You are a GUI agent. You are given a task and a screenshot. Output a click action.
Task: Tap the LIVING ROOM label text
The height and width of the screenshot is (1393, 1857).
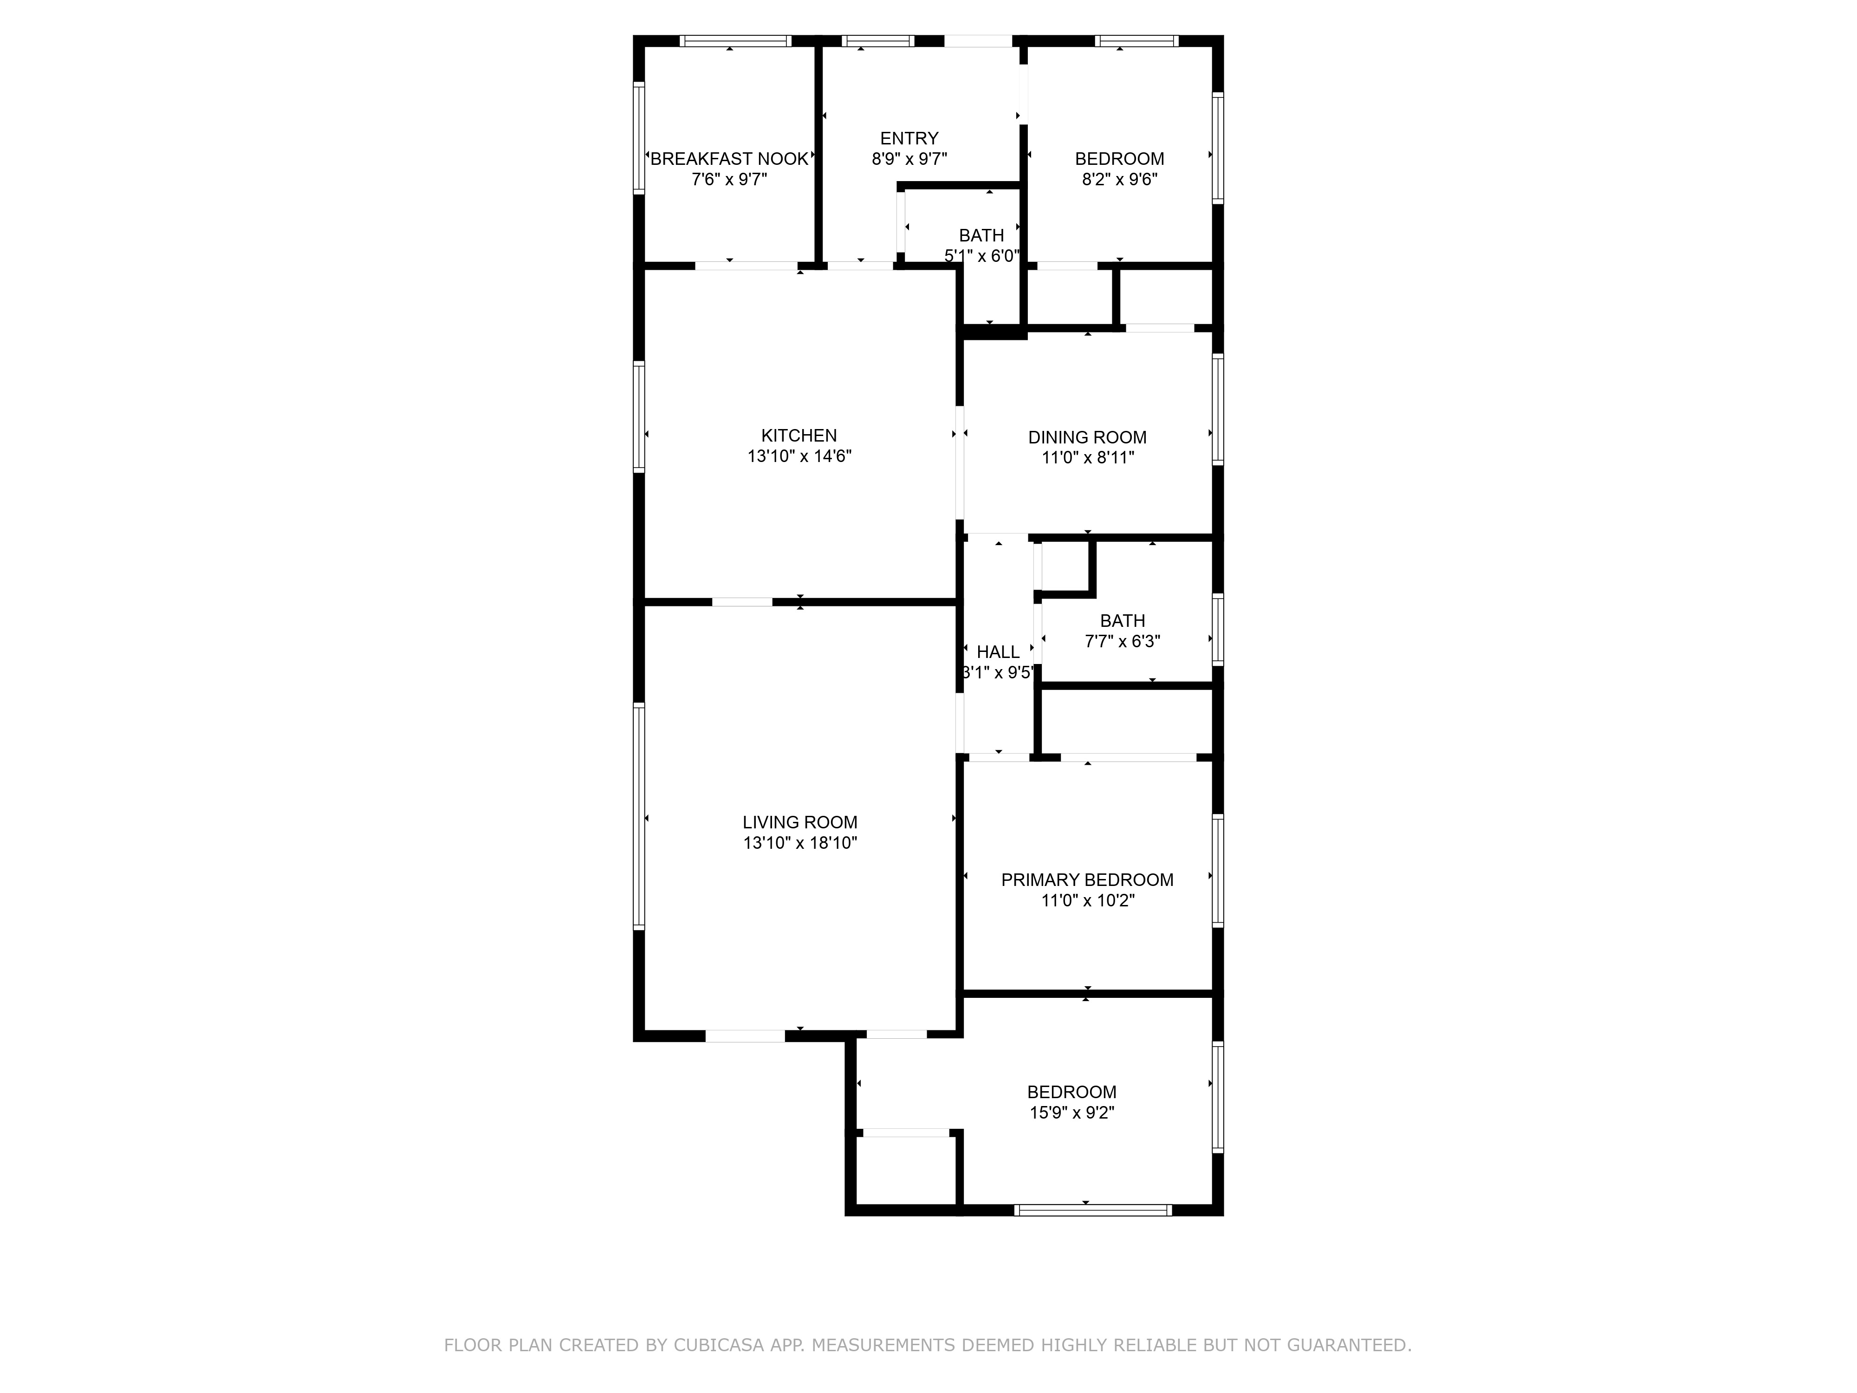[x=800, y=823]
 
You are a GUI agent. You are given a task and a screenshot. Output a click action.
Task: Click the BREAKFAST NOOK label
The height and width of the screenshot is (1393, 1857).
[x=729, y=159]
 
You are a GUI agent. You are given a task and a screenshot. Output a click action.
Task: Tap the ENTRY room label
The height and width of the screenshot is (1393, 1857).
[x=909, y=138]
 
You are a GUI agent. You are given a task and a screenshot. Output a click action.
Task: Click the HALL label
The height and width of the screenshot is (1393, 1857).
[x=998, y=652]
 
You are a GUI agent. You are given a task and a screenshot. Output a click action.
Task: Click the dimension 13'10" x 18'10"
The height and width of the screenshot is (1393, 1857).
[x=800, y=843]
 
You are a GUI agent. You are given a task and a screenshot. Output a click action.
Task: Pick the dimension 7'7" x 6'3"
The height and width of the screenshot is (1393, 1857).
[x=1123, y=642]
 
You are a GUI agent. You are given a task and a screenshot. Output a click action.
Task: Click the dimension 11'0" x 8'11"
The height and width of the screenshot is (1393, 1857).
[x=1088, y=458]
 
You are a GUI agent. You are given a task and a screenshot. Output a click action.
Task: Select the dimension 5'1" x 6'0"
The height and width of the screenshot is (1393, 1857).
[x=981, y=256]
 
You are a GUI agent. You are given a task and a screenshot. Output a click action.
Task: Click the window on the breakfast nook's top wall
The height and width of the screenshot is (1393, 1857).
[x=735, y=40]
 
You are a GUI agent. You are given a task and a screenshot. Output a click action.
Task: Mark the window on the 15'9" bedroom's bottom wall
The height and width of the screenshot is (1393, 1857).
[x=1092, y=1210]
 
